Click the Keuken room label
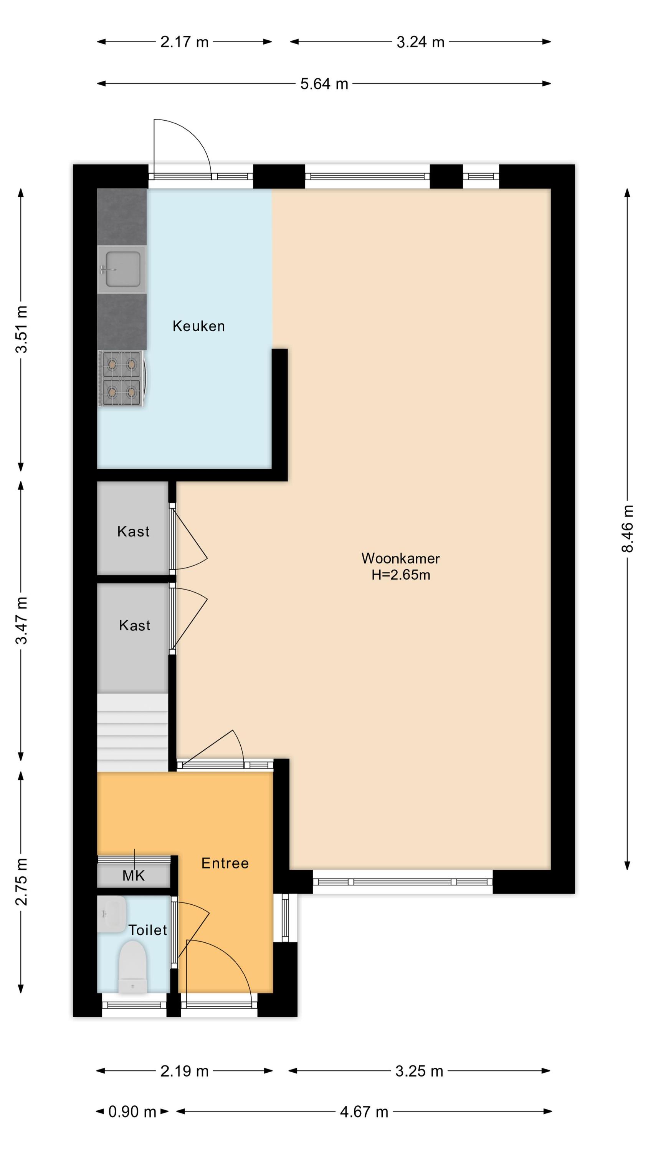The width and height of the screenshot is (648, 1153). pos(198,326)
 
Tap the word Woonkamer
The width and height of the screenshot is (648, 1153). pos(400,558)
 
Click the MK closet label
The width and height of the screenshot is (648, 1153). pos(134,876)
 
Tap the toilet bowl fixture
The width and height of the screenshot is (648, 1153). pos(133,967)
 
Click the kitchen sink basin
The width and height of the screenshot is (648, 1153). pos(122,269)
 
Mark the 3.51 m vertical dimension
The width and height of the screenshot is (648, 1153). pos(21,329)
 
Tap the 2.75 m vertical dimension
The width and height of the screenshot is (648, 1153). pos(21,882)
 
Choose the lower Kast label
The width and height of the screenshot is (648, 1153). pos(135,625)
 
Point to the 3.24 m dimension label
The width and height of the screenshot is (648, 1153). pos(420,42)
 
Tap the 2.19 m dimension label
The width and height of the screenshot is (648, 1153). pos(184,1072)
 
